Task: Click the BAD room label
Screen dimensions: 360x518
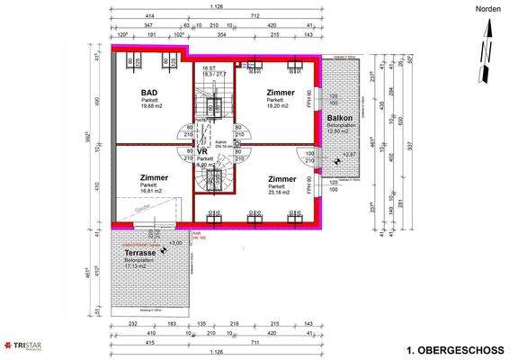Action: pyautogui.click(x=149, y=94)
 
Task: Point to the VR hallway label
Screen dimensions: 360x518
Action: pyautogui.click(x=203, y=152)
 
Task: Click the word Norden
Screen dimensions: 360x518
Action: pyautogui.click(x=487, y=8)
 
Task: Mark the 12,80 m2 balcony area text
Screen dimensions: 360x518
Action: pyautogui.click(x=340, y=131)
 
